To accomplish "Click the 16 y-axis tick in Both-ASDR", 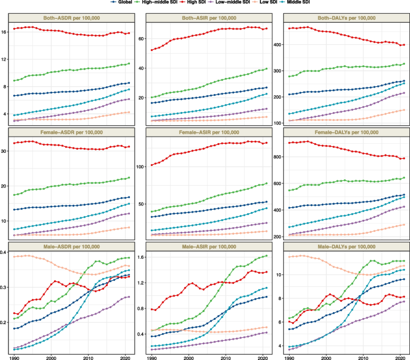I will pos(5,31).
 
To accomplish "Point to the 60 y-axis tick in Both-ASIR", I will pos(142,39).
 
